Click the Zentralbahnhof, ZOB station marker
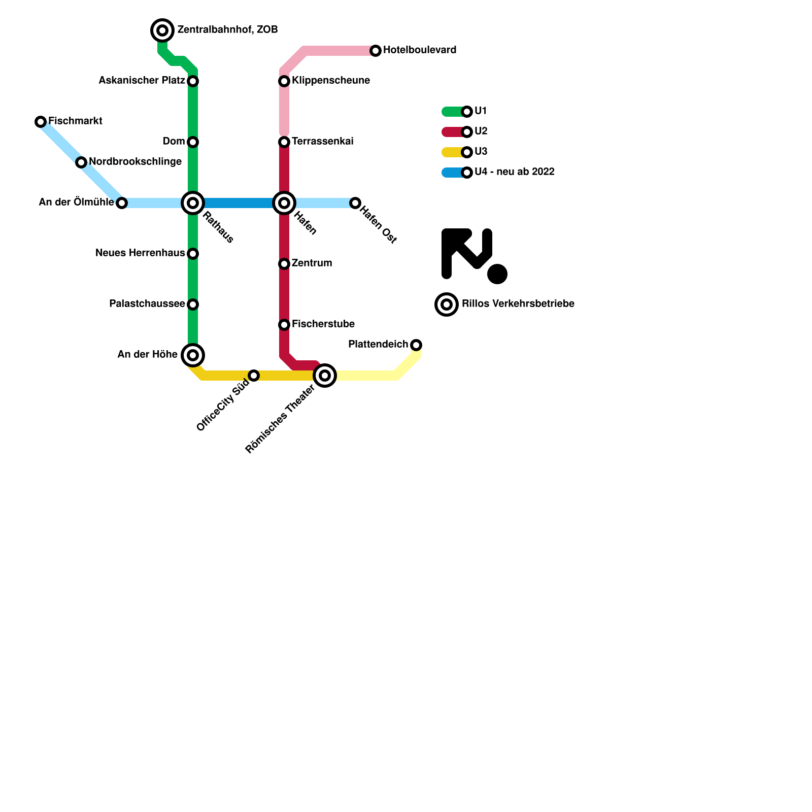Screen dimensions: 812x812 pyautogui.click(x=162, y=30)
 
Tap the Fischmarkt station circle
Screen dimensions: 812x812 pyautogui.click(x=41, y=122)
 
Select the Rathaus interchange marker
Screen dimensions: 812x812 pyautogui.click(x=193, y=203)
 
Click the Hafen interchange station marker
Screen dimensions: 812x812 pyautogui.click(x=284, y=203)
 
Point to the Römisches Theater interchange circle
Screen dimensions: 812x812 pyautogui.click(x=325, y=376)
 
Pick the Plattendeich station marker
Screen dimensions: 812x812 pyautogui.click(x=416, y=345)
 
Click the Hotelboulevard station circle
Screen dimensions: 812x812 pyautogui.click(x=376, y=51)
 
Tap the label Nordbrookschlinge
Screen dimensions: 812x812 pyautogui.click(x=135, y=162)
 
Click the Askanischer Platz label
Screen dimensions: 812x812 pyautogui.click(x=142, y=81)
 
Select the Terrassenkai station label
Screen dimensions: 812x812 pyautogui.click(x=322, y=142)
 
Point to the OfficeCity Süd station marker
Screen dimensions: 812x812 pyautogui.click(x=254, y=376)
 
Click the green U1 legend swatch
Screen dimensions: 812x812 pyautogui.click(x=452, y=112)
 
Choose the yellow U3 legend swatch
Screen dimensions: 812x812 pyautogui.click(x=452, y=152)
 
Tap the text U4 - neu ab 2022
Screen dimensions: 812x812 pyautogui.click(x=514, y=172)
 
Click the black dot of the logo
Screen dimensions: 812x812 pyautogui.click(x=497, y=274)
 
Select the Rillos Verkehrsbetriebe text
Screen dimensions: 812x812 pyautogui.click(x=518, y=304)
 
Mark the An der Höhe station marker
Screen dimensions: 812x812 pyautogui.click(x=193, y=355)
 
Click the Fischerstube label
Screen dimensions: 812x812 pyautogui.click(x=323, y=324)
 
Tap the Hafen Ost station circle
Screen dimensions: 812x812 pyautogui.click(x=355, y=203)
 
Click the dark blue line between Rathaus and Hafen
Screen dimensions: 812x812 pyautogui.click(x=239, y=203)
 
